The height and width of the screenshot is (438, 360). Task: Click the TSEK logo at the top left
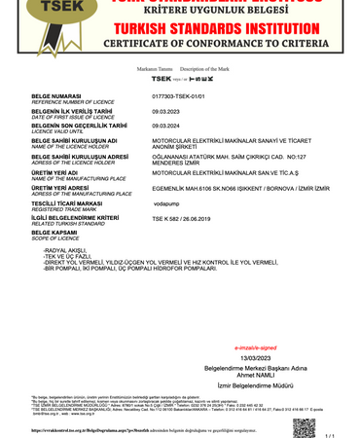[37, 21]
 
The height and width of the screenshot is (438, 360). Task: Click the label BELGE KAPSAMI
[56, 234]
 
